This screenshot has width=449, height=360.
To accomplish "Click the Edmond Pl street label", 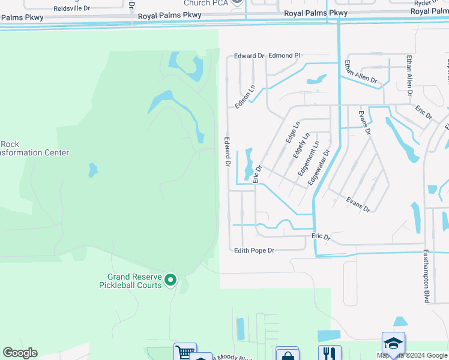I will (284, 56).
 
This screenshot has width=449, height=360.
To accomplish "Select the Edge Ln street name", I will (292, 133).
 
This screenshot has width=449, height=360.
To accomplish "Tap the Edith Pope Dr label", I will (254, 250).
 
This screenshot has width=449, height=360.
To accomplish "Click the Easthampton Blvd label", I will (426, 276).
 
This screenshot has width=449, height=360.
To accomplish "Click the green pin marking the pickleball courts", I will (170, 280).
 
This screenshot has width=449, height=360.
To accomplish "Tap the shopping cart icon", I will (185, 352).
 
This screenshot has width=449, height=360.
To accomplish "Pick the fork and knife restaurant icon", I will (330, 353).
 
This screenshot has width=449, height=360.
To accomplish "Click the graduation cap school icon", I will (393, 343).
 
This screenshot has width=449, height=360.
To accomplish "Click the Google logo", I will (20, 353).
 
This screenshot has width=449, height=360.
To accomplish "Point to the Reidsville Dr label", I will (71, 9).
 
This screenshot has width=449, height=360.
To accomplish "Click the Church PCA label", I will (205, 3).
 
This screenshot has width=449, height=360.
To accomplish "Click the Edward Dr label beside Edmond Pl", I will (249, 56).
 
